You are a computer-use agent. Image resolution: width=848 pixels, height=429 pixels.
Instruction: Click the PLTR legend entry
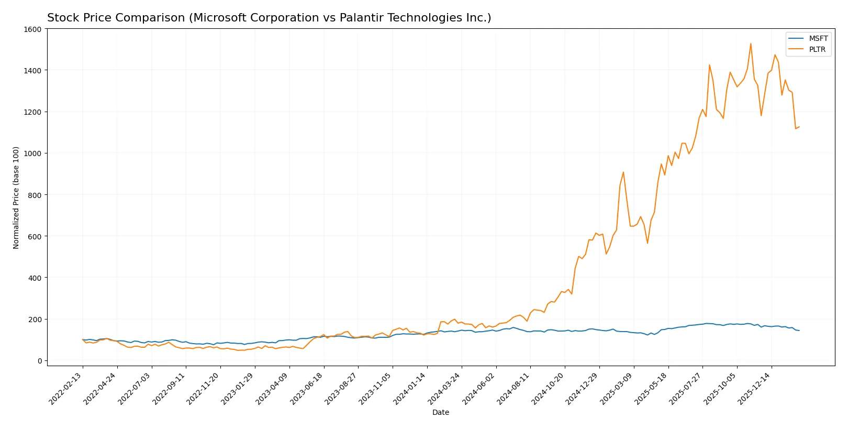[x=817, y=50]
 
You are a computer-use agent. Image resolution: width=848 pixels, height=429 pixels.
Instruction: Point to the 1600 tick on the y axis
[x=32, y=29]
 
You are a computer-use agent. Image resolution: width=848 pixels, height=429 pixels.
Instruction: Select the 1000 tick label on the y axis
[x=32, y=153]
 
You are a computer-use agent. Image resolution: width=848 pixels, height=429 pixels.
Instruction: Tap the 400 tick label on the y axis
[x=35, y=278]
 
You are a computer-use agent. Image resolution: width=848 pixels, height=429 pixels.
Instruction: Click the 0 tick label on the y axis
[x=39, y=361]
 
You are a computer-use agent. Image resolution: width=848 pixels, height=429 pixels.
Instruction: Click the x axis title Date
[x=440, y=413]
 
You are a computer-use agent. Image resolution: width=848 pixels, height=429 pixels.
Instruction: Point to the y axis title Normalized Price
[x=16, y=197]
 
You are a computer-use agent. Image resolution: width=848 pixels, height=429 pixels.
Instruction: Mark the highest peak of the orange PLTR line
[x=751, y=44]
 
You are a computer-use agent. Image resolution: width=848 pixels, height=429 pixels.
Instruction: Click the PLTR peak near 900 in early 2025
[x=623, y=172]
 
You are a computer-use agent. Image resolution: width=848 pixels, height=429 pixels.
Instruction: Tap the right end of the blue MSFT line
[x=799, y=331]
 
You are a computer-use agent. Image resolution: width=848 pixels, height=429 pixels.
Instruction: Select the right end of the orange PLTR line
[x=799, y=127]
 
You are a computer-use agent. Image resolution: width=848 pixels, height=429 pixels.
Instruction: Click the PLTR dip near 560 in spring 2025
[x=647, y=243]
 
